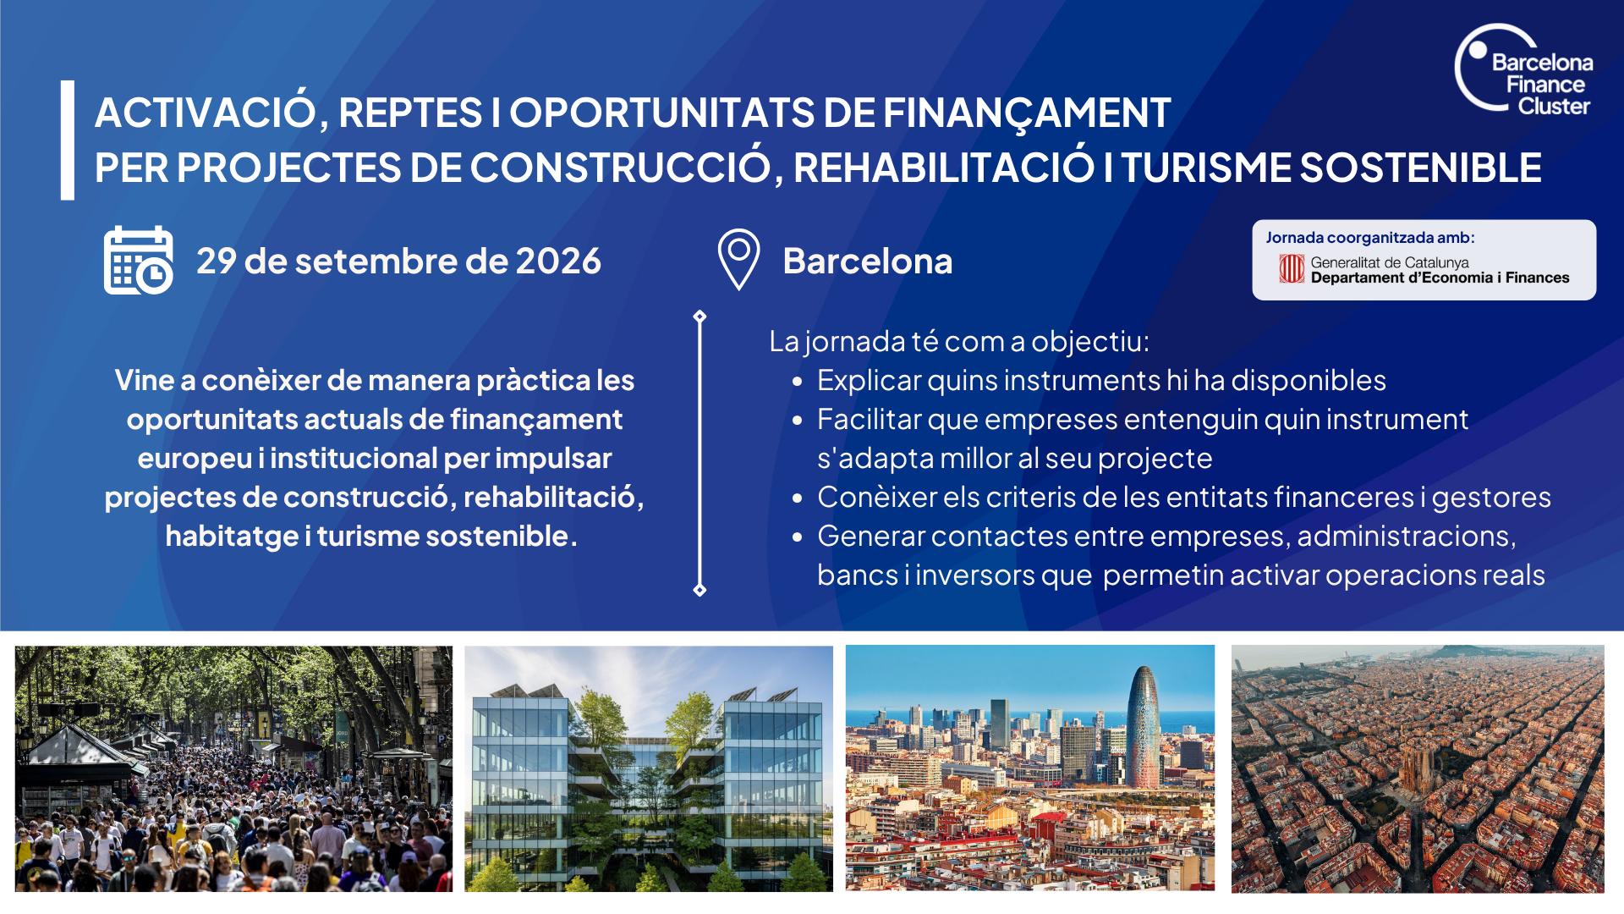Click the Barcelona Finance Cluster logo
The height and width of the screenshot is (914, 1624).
pos(1523,69)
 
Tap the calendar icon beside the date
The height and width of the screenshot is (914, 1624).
pos(139,260)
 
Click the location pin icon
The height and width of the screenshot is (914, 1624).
pos(738,260)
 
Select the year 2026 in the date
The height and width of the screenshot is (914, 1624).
pos(558,262)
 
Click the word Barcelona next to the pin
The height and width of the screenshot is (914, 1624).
pos(868,262)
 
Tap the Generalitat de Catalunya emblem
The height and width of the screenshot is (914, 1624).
pos(1292,269)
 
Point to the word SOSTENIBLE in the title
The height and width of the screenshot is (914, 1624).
pos(1420,168)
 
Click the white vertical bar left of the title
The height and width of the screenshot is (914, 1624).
pos(68,140)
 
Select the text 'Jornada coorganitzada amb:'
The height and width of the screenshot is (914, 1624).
pos(1370,238)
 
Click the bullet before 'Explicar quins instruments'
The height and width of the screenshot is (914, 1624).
pos(797,383)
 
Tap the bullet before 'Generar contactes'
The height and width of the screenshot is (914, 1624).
pos(797,538)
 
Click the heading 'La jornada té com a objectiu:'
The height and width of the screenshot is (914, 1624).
pos(959,342)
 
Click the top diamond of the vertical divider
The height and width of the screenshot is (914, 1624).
pos(700,317)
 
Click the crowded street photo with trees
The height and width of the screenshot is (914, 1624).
pos(233,768)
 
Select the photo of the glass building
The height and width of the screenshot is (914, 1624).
pos(649,768)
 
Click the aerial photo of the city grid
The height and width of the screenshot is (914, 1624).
pos(1418,768)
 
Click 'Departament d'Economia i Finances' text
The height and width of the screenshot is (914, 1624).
pos(1440,278)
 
